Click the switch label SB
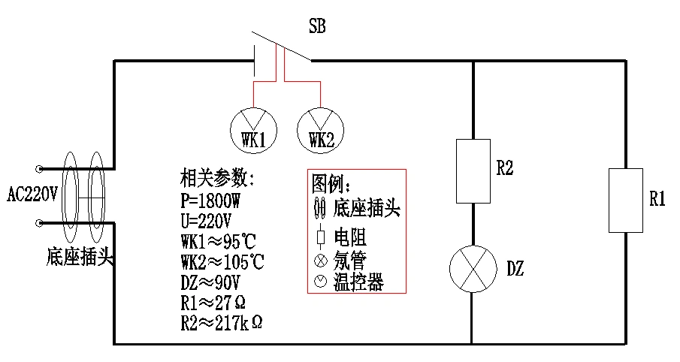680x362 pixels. coord(317,29)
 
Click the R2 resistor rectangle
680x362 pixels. coord(473,170)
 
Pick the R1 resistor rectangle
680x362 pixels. coord(626,201)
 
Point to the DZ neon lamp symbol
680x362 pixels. coord(473,269)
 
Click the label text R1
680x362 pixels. coord(658,200)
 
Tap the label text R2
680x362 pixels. coord(505,170)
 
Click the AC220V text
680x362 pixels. coord(32,195)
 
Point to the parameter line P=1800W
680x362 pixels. coord(212,202)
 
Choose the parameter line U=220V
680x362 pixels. coord(206,222)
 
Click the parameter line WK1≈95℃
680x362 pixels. coord(219,242)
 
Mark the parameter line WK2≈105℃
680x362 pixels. coord(222,262)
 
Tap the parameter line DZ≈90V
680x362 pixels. coord(210,282)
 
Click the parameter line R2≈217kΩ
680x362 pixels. coord(221,323)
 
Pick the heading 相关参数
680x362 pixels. coord(218,180)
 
